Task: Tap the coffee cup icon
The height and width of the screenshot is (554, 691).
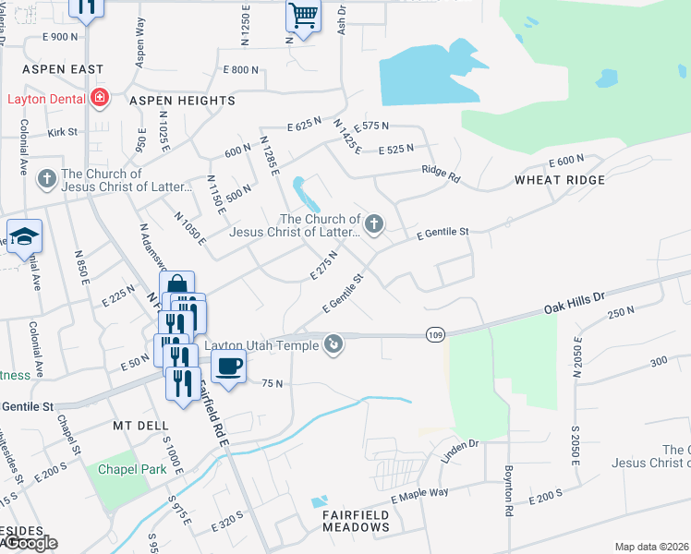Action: [228, 366]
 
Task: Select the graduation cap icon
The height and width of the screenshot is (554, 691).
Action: [25, 236]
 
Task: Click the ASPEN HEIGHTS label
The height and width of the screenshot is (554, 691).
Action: [182, 100]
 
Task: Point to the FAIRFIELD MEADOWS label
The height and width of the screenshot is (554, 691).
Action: [356, 526]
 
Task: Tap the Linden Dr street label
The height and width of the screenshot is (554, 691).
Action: [460, 446]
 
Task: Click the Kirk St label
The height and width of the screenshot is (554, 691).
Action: [63, 133]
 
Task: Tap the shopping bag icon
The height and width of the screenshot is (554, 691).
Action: [176, 286]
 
